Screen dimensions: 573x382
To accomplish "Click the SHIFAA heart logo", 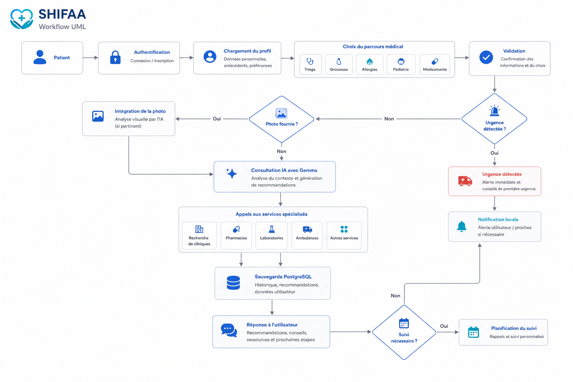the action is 22,19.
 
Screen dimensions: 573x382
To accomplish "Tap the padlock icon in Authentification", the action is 115,57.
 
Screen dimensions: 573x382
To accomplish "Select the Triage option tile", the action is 310,65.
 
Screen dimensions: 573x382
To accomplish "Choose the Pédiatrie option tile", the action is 401,65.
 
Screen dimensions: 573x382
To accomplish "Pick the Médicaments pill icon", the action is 435,62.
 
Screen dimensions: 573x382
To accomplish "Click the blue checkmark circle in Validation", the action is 486,57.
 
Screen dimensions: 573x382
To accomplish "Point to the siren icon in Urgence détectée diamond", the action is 494,110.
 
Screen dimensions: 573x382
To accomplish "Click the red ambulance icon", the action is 465,181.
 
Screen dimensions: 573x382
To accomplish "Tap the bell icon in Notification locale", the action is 461,226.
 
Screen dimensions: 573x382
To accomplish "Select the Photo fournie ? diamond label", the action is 282,124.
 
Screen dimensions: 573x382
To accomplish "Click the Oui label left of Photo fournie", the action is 217,119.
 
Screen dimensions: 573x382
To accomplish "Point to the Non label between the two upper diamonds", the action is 389,119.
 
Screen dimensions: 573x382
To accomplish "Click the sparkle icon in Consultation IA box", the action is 232,173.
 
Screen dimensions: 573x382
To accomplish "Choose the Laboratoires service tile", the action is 272,235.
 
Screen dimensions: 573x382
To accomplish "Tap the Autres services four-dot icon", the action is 344,229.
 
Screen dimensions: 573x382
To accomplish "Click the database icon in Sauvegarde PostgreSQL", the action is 233,283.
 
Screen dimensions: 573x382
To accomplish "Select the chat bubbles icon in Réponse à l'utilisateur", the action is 229,330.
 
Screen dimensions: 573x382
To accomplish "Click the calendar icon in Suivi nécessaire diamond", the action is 404,323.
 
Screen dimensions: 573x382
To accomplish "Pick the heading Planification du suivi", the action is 514,328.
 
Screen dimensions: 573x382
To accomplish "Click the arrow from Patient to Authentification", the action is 91,58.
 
